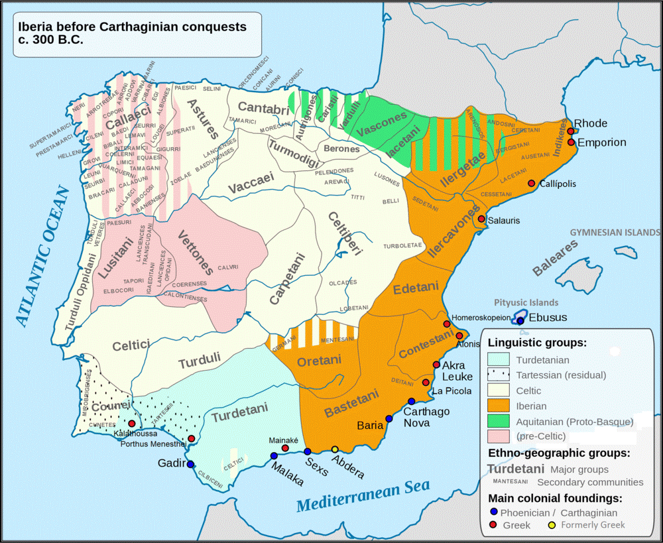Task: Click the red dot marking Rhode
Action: (x=570, y=131)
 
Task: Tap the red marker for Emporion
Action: (x=571, y=142)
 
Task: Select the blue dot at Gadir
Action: (x=190, y=465)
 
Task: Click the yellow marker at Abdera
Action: (x=335, y=450)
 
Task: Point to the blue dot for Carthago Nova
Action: (x=412, y=401)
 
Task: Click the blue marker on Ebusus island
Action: (x=520, y=320)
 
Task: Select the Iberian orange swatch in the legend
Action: (x=499, y=406)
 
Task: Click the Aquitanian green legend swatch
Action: (x=499, y=421)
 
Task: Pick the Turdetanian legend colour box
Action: (x=499, y=359)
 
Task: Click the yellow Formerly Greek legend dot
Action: (x=552, y=525)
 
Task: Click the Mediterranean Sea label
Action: (x=363, y=497)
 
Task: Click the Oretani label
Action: (x=318, y=360)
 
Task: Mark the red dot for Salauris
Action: (x=481, y=219)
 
